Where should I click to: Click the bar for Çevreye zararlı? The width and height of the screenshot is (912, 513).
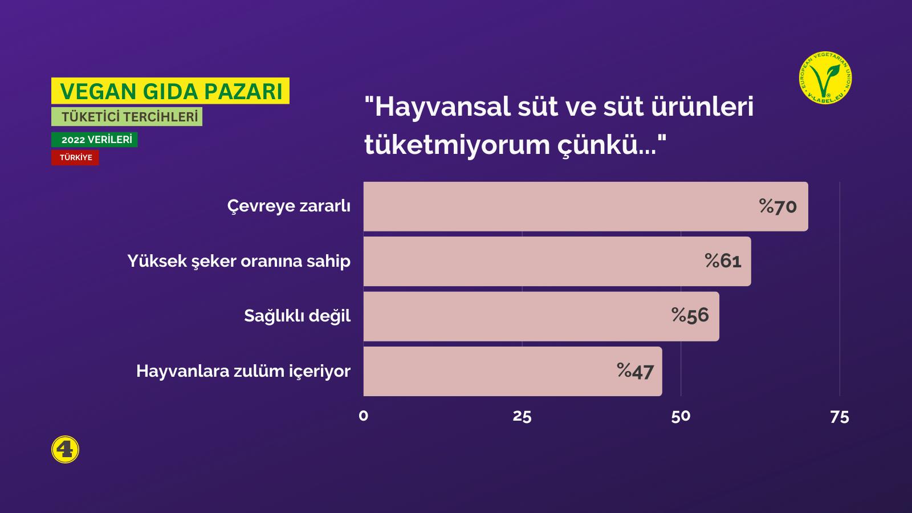585,206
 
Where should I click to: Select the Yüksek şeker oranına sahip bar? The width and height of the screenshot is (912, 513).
557,262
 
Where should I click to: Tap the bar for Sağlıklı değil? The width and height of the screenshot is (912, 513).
541,316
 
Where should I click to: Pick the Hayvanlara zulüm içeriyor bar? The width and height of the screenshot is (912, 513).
512,371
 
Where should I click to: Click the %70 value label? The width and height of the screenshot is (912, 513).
777,206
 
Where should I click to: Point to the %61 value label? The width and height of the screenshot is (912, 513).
723,261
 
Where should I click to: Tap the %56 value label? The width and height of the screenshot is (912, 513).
690,316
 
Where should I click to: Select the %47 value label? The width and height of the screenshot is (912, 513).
635,371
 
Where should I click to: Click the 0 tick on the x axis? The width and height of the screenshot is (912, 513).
364,416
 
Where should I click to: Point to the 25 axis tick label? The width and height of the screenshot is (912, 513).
522,416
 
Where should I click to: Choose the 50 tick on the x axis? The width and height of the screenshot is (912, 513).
681,416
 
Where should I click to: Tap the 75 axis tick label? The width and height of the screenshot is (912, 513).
840,417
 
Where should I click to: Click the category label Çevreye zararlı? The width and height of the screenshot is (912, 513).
288,206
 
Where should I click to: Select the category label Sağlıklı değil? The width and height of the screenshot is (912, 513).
297,316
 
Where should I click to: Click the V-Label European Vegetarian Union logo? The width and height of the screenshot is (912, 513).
825,78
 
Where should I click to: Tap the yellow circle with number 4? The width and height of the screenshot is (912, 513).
65,450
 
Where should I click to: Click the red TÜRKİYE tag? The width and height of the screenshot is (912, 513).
75,157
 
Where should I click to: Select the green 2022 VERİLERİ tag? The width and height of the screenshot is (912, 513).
95,140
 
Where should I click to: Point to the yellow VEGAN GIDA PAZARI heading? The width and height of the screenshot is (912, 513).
170,91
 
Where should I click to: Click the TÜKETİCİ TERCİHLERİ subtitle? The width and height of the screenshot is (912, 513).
127,117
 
